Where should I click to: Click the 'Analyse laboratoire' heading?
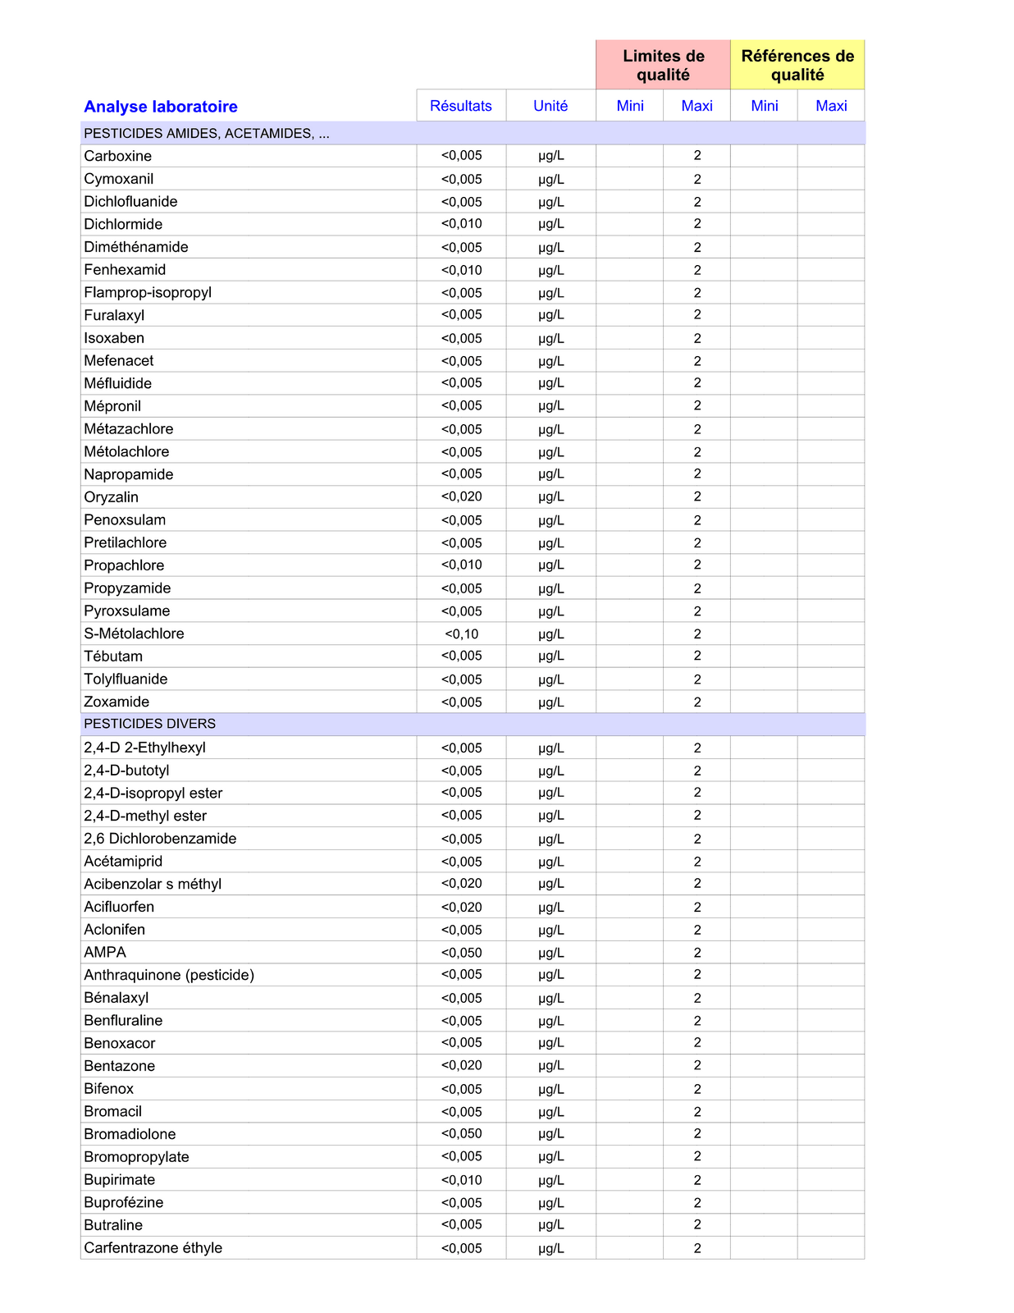[161, 107]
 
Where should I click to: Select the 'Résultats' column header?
[461, 106]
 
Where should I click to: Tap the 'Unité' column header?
[550, 106]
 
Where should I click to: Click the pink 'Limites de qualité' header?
[663, 66]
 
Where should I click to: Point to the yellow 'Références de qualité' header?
[797, 66]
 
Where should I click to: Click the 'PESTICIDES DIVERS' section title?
[150, 724]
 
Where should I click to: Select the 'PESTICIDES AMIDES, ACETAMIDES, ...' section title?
[207, 134]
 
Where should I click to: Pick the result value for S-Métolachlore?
[462, 634]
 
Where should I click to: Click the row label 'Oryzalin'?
[112, 497]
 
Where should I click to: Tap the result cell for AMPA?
[462, 953]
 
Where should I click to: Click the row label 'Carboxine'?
[118, 156]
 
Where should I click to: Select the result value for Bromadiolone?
[462, 1134]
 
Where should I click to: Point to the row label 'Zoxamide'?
[116, 702]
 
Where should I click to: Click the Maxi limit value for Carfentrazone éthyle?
[697, 1248]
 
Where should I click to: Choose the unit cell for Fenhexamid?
[551, 270]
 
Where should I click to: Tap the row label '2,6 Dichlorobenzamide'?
[160, 839]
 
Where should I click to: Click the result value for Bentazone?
[462, 1065]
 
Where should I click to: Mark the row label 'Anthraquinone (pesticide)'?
[169, 975]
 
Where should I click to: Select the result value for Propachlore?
[462, 565]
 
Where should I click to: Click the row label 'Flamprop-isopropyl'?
[148, 292]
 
